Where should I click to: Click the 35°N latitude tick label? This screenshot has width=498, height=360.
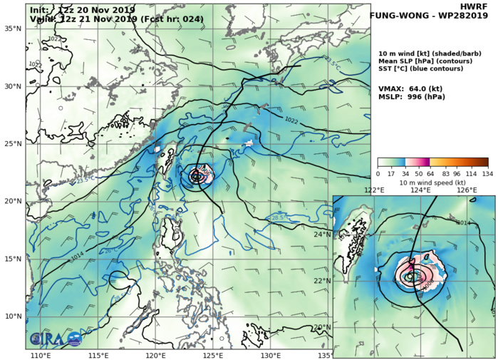point(14,29)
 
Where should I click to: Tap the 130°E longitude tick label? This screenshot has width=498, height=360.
point(270,354)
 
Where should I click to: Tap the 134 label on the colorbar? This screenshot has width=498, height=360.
point(488,173)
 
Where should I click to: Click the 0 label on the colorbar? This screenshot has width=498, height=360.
point(378,173)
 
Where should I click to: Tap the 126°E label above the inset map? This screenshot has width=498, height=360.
point(467,190)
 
